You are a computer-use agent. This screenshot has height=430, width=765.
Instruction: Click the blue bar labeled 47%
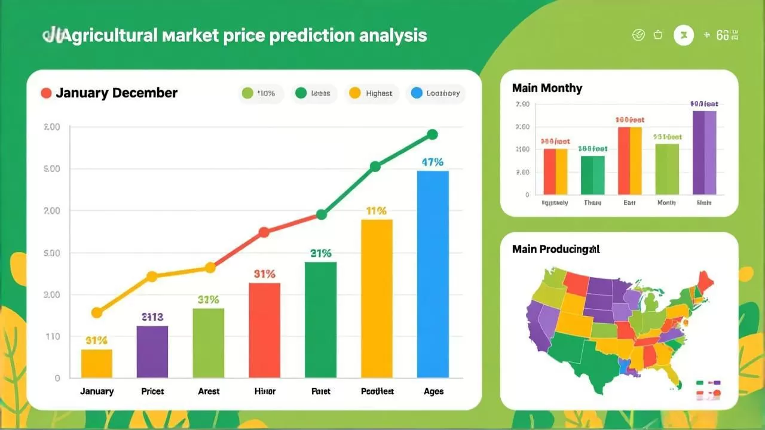click(433, 274)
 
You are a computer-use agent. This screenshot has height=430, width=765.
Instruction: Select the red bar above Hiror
click(264, 330)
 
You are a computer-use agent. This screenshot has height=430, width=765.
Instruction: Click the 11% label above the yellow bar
click(377, 211)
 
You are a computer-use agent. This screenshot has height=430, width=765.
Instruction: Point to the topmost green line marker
click(433, 135)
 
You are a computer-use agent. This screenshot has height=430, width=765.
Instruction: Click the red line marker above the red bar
click(264, 232)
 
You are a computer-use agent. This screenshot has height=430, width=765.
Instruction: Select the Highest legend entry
click(372, 93)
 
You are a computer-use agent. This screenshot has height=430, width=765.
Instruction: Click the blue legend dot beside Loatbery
click(417, 93)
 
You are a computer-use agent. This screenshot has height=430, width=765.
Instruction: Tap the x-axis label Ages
click(433, 391)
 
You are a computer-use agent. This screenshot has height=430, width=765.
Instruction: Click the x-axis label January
click(97, 391)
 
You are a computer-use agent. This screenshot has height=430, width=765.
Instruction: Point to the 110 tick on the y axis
click(53, 336)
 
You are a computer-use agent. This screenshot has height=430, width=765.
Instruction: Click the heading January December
click(117, 93)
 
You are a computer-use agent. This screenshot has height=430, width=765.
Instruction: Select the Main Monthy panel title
click(547, 88)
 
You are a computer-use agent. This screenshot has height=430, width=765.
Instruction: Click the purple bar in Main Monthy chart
click(704, 153)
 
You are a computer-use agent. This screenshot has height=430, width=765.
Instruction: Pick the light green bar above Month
click(667, 169)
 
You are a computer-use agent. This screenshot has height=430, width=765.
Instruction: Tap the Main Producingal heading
click(556, 249)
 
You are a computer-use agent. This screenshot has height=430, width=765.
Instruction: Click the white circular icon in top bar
click(684, 35)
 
